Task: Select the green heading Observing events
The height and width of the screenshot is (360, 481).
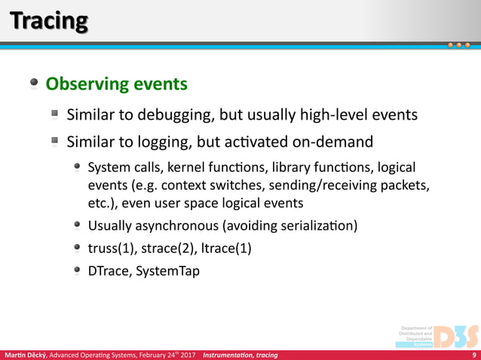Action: (x=116, y=84)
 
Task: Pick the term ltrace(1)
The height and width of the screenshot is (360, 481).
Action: (x=224, y=247)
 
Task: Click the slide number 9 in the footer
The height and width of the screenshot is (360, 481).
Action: (x=473, y=355)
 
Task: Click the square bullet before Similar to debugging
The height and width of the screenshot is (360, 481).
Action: (x=56, y=114)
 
